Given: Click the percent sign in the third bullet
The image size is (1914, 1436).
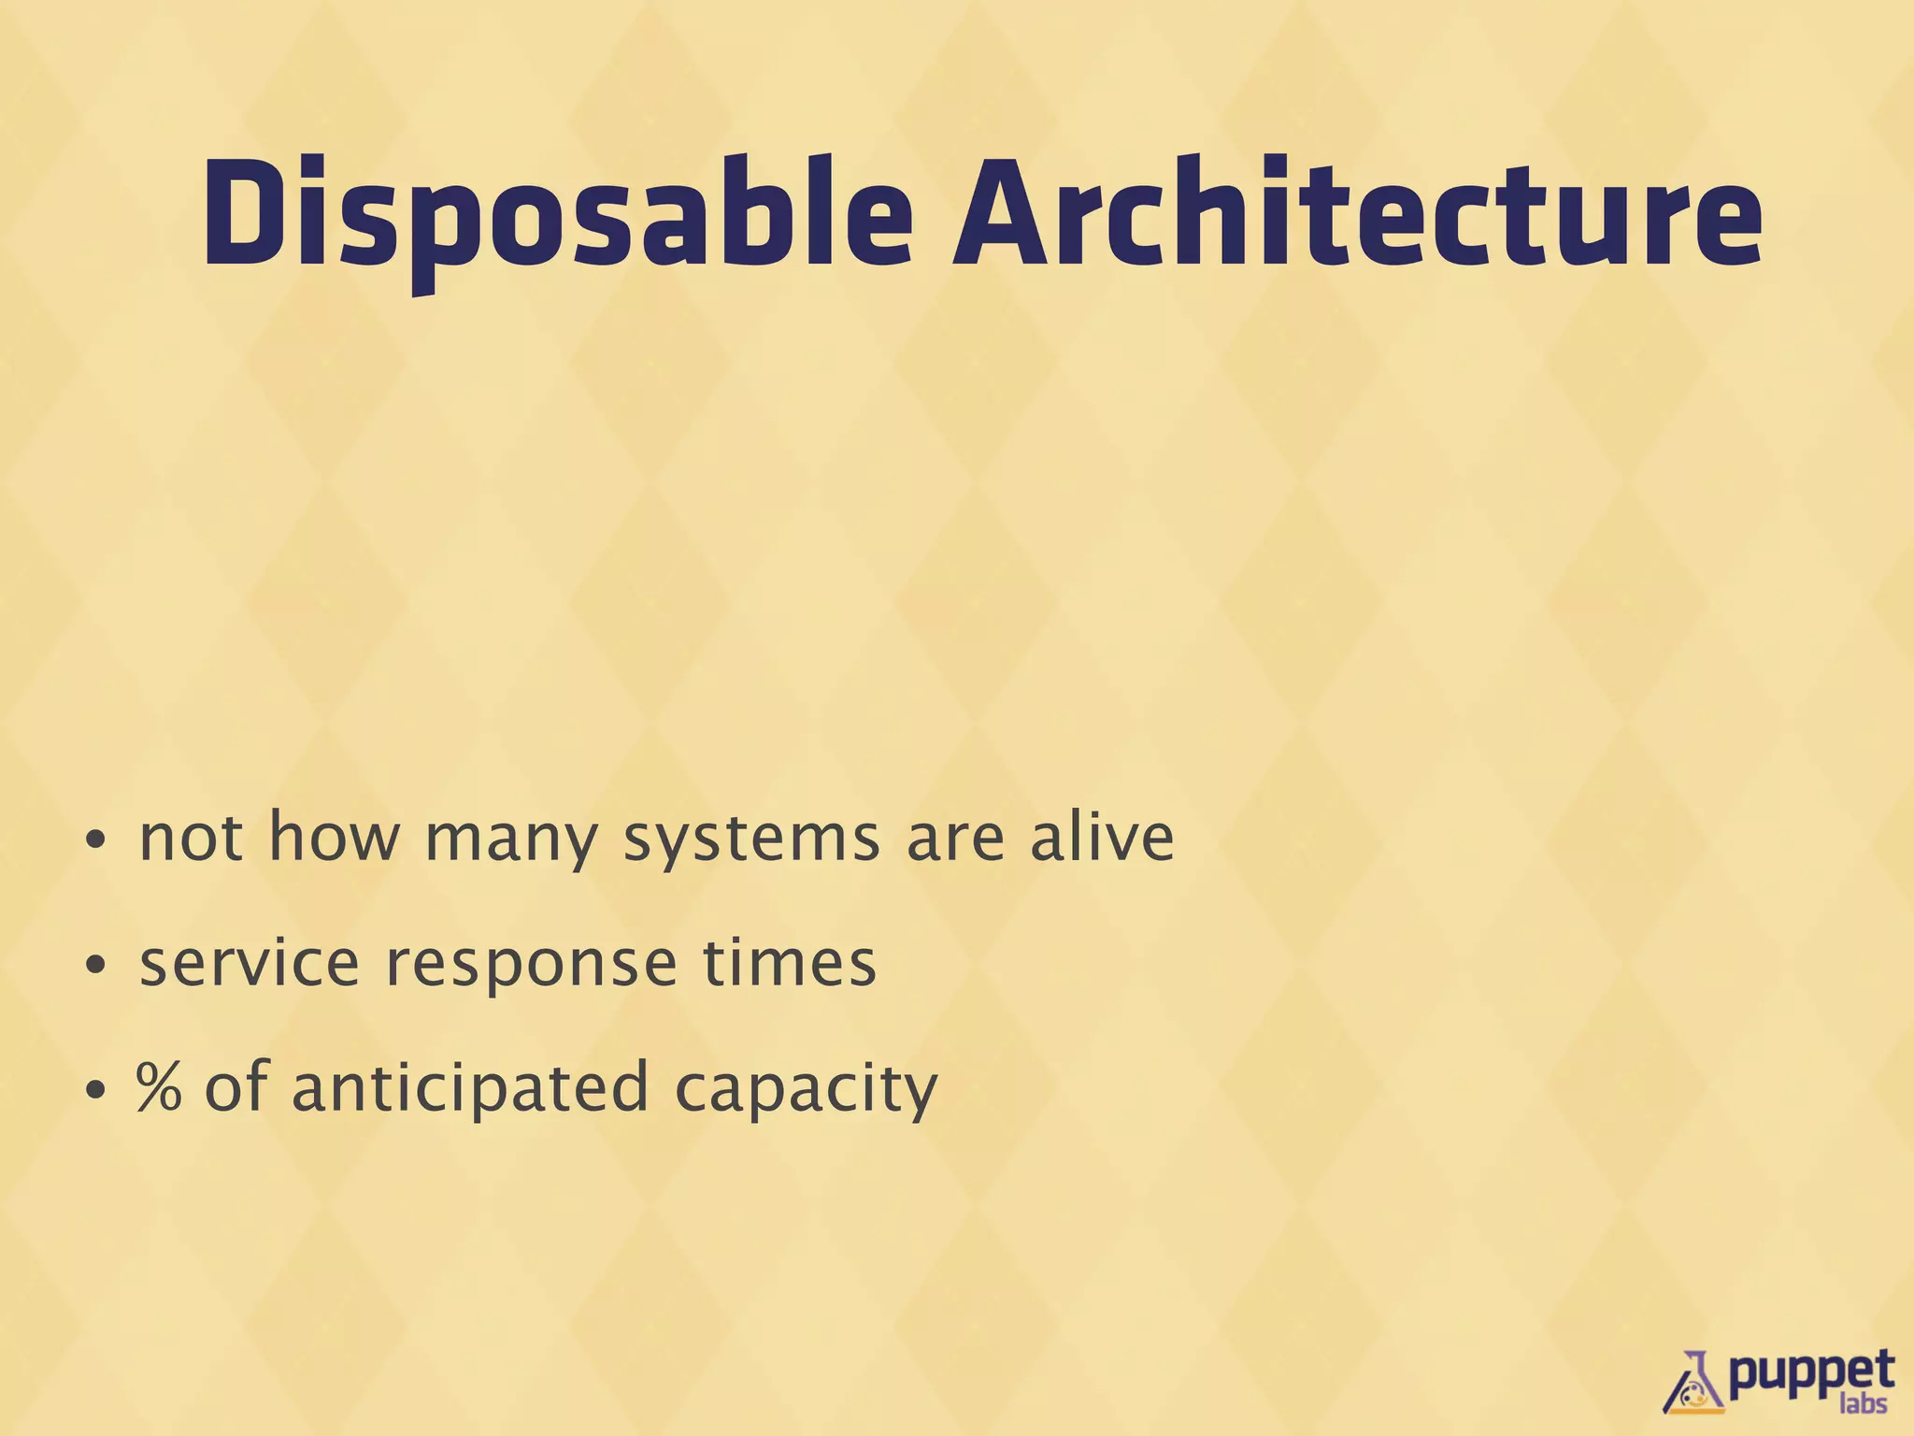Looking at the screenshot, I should (x=159, y=1087).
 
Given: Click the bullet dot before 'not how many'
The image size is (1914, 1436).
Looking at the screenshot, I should (x=93, y=841).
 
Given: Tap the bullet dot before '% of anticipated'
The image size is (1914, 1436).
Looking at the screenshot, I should (x=93, y=1091).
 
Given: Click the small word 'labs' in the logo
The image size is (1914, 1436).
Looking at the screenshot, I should (x=1863, y=1403).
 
